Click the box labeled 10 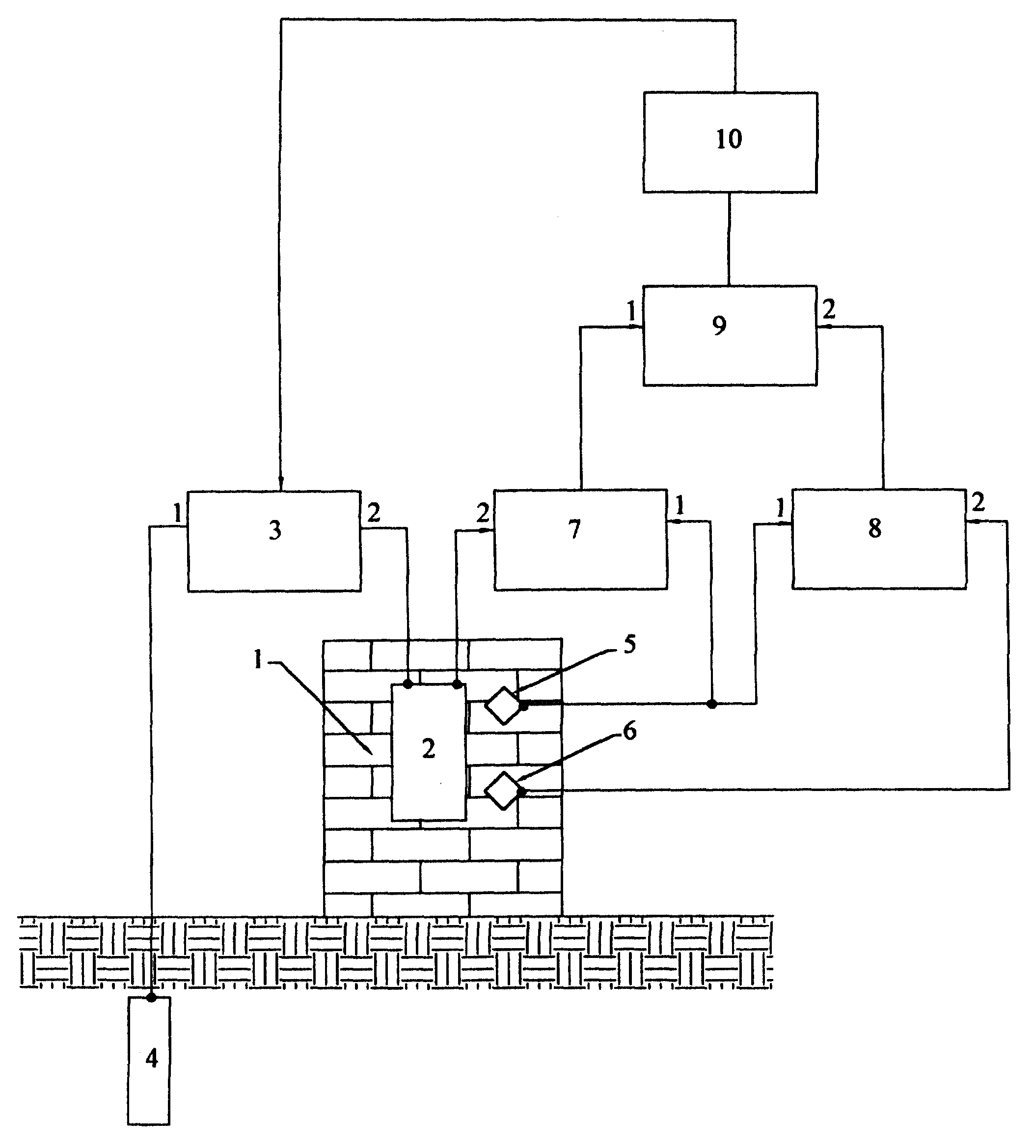tap(730, 142)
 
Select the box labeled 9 tap(730, 335)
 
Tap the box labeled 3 tap(274, 541)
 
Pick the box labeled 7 tap(581, 539)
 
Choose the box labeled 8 tap(879, 539)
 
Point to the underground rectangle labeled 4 tap(149, 1060)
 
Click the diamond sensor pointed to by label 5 tap(503, 706)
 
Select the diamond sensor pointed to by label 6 tap(503, 791)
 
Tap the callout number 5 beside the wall tap(629, 645)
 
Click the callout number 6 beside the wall tap(630, 732)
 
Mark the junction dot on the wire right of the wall tap(712, 704)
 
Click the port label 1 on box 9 tap(631, 312)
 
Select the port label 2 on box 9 tap(829, 310)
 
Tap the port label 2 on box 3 tap(374, 514)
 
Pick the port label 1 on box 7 tap(680, 505)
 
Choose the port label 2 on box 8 tap(979, 502)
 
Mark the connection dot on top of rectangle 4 tap(151, 998)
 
